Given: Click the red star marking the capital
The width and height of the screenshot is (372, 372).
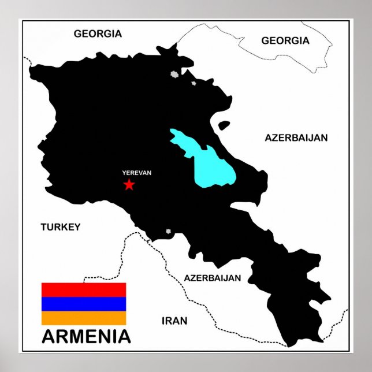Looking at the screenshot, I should click(129, 184).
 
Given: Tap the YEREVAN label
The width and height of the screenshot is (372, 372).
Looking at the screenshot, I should click(136, 172).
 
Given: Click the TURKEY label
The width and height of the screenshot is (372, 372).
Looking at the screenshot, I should click(60, 227).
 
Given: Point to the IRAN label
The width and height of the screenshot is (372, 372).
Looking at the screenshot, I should click(174, 321).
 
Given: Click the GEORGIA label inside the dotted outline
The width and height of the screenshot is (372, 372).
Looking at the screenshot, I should click(285, 40).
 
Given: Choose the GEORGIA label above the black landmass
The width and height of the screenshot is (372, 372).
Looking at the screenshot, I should click(98, 34).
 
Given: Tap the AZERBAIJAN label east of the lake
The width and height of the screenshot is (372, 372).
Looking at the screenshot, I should click(296, 137).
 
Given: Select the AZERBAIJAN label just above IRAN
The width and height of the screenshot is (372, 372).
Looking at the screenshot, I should click(212, 278).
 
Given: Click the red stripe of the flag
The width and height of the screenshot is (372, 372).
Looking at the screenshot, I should click(83, 289).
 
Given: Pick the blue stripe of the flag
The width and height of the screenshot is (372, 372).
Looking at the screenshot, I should click(83, 304).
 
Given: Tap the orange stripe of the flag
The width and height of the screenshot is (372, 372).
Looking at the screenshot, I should click(83, 318).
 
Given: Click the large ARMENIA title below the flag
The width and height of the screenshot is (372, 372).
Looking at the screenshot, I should click(86, 336).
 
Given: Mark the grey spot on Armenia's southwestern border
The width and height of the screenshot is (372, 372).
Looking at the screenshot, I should click(168, 232).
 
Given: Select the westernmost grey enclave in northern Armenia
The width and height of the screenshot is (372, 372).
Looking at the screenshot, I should click(173, 74).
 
